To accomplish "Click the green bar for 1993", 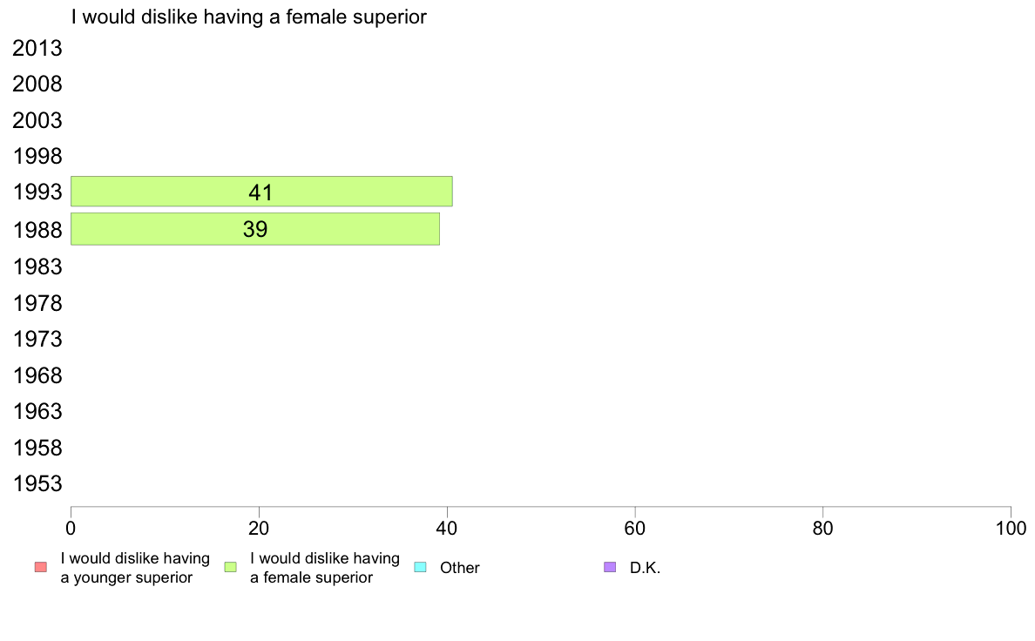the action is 261,192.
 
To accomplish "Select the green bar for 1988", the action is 254,229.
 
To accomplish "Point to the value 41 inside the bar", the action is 260,192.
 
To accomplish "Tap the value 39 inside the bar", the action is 254,229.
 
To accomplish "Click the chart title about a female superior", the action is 249,17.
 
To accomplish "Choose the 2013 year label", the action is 37,48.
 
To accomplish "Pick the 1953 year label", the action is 37,484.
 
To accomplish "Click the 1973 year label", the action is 37,340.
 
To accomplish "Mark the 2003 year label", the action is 37,121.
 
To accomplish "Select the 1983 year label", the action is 37,267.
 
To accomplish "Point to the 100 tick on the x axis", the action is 1011,528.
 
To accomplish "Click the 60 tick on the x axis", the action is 635,528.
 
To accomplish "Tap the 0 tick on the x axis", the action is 71,528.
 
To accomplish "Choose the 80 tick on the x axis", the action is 823,528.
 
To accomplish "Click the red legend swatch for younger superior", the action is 41,567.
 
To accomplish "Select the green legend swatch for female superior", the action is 230,567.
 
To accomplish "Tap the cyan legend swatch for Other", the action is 420,567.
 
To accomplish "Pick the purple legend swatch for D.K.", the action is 610,567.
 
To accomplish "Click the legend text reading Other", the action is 459,568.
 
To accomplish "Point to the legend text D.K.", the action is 645,568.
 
